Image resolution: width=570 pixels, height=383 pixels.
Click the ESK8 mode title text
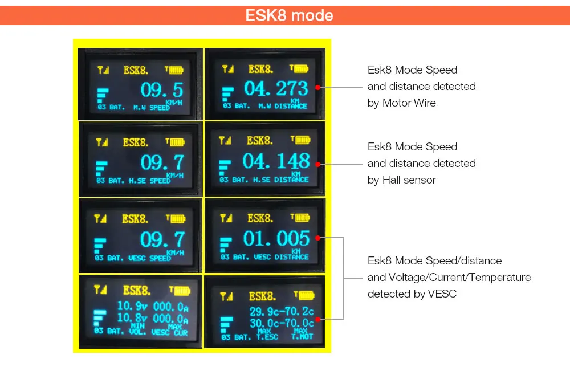click(289, 15)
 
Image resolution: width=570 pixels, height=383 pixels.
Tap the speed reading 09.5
click(162, 90)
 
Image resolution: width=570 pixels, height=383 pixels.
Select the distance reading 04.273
click(276, 88)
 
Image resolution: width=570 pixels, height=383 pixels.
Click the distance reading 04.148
click(276, 162)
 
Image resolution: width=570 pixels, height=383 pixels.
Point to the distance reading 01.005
click(276, 239)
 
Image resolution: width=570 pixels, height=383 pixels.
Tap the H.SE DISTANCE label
click(283, 180)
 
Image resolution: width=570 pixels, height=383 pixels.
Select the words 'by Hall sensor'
click(402, 180)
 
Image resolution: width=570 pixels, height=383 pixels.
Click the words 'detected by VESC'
click(412, 294)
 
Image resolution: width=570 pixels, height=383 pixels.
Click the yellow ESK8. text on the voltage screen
click(137, 291)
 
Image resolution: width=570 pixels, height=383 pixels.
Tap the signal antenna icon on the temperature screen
click(227, 296)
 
